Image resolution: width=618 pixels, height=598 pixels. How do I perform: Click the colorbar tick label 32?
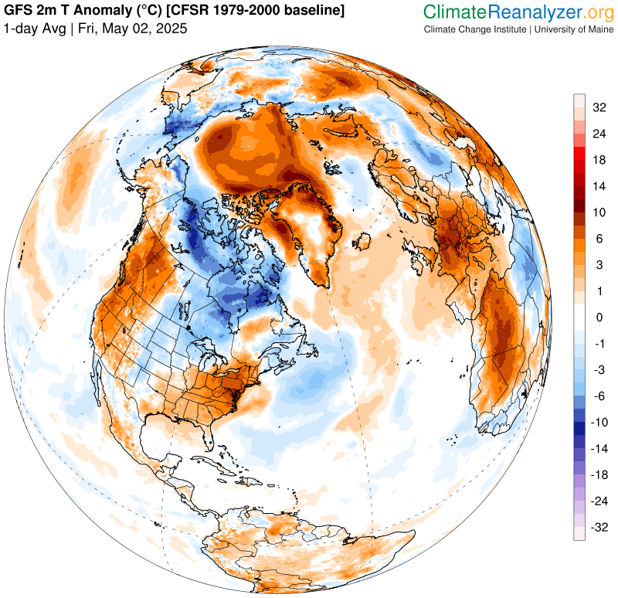click(x=599, y=107)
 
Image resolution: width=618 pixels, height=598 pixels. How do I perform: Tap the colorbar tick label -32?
click(x=598, y=527)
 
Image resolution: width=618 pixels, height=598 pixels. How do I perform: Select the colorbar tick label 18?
click(x=599, y=160)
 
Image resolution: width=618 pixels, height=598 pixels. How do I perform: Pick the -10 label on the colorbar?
click(x=598, y=422)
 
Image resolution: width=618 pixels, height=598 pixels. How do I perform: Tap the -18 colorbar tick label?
click(x=598, y=474)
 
